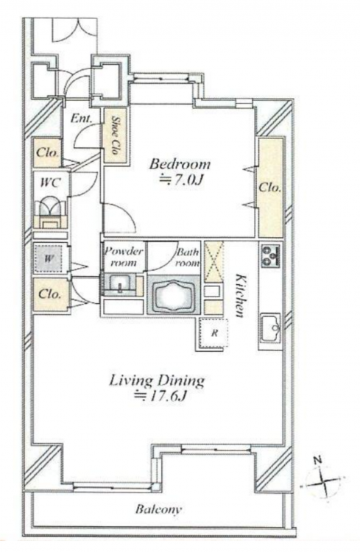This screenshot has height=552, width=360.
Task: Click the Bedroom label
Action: click(180, 164)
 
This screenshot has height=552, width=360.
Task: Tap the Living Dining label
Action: click(157, 381)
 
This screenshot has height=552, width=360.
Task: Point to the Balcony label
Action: click(159, 509)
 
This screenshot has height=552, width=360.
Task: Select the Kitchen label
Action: click(239, 295)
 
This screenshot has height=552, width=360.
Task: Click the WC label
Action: click(50, 183)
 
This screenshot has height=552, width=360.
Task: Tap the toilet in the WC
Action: click(50, 212)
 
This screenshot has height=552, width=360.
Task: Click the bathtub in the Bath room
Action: click(173, 295)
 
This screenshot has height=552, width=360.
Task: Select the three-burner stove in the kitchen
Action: click(270, 255)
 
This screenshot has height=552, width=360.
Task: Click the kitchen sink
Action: click(270, 328)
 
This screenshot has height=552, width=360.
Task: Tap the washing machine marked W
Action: click(49, 259)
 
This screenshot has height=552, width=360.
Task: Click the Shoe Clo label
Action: click(115, 135)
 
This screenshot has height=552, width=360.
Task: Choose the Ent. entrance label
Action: click(81, 118)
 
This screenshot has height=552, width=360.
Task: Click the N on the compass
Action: click(318, 459)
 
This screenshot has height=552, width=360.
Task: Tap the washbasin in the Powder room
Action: click(120, 284)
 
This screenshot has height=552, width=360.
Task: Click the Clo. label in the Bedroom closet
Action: click(270, 188)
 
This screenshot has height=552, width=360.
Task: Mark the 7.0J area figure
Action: click(181, 180)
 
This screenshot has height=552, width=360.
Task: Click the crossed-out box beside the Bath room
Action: click(213, 261)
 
